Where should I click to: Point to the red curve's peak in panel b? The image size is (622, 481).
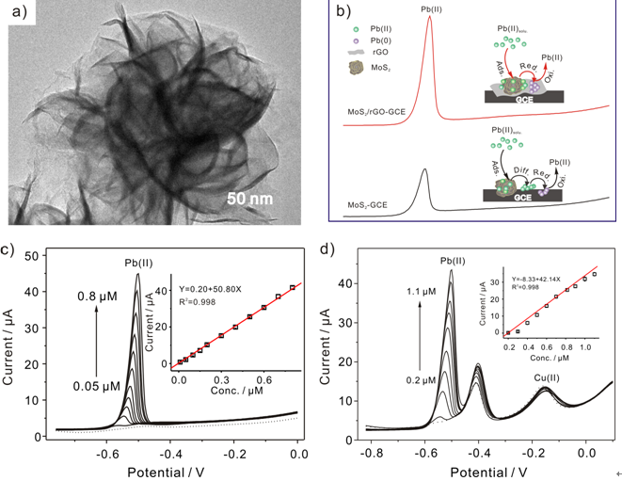coord(430,17)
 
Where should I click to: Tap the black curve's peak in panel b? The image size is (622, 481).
coord(424,170)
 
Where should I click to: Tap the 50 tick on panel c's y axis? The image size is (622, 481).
coord(29,255)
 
